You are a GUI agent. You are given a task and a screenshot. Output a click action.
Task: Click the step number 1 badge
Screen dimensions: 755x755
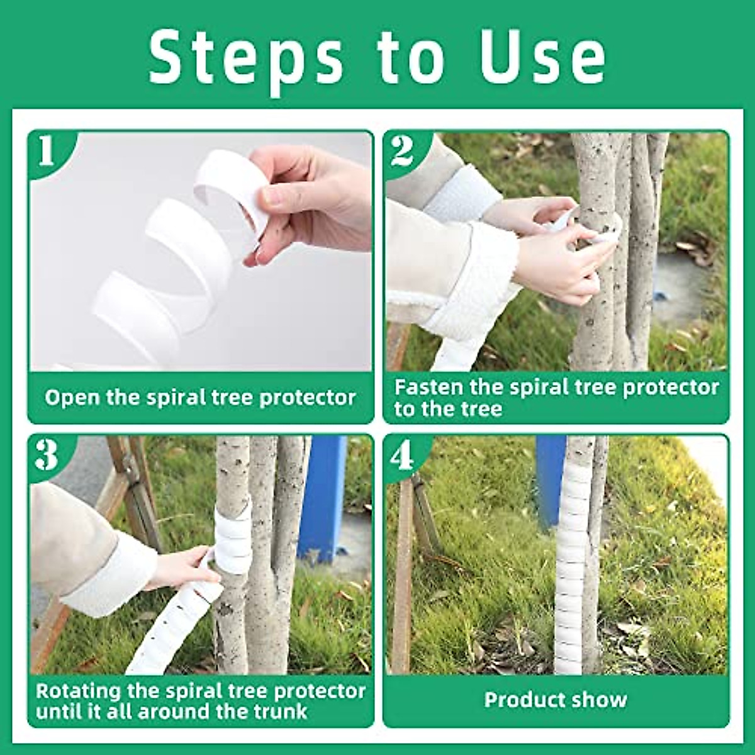[47, 152]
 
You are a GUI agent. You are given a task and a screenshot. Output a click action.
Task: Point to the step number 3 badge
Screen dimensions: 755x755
[47, 455]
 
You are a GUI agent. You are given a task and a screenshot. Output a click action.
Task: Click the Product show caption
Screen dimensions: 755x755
[556, 700]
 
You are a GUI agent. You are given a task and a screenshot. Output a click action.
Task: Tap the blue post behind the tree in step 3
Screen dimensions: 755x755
[322, 497]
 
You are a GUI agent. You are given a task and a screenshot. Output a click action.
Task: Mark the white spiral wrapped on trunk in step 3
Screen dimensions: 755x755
[232, 535]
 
